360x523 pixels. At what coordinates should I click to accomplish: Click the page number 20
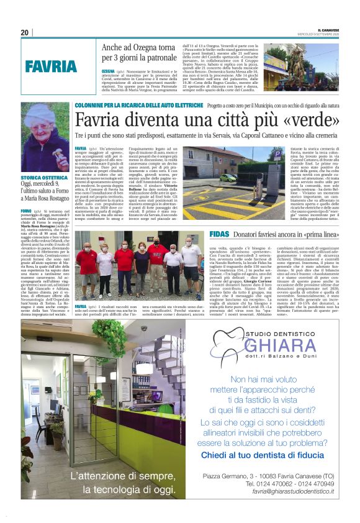(x=25, y=33)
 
